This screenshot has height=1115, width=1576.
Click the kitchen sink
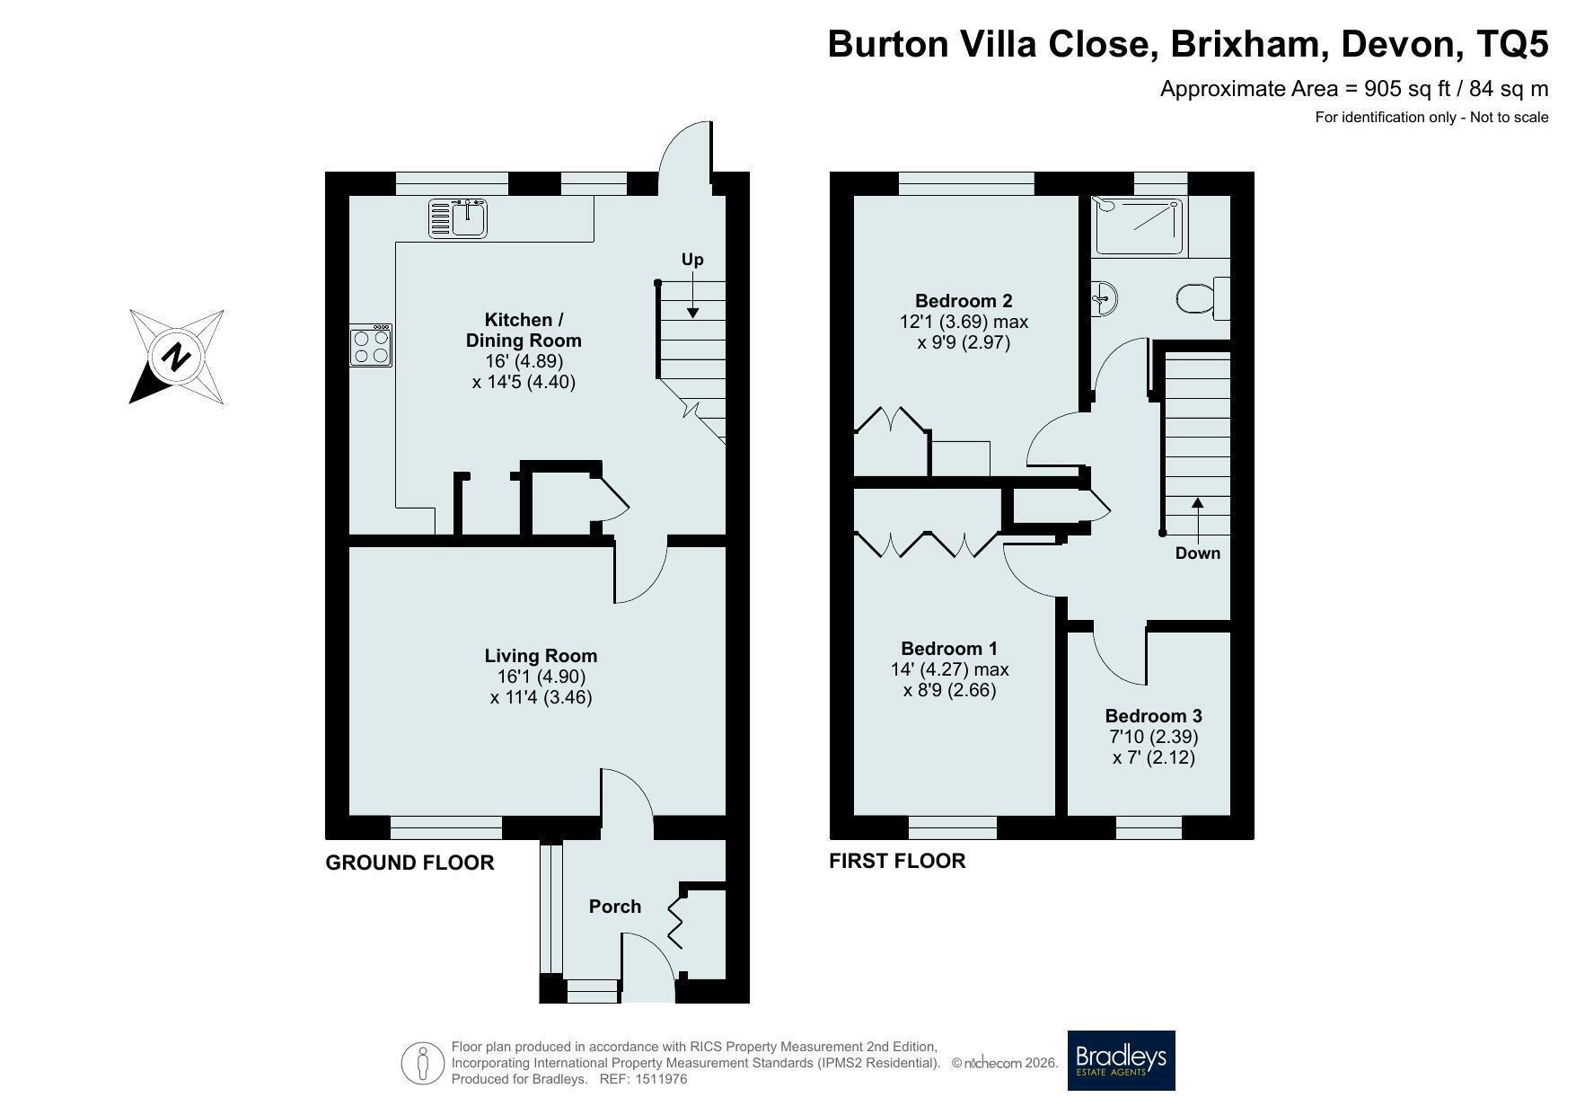(x=458, y=218)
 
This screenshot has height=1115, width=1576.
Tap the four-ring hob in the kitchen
(x=371, y=345)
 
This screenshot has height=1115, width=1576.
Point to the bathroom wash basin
(x=1104, y=297)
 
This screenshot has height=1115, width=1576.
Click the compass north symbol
(x=177, y=357)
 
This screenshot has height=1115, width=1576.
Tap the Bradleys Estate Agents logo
(x=1121, y=1060)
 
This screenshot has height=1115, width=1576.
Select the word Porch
(x=615, y=907)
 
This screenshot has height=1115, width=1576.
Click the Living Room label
(x=541, y=656)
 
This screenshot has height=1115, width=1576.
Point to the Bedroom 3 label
(x=1153, y=716)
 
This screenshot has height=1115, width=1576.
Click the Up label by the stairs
(x=692, y=260)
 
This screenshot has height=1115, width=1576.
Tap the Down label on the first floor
(x=1198, y=553)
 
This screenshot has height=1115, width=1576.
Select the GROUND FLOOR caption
(x=409, y=863)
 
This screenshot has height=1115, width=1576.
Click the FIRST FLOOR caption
(x=897, y=861)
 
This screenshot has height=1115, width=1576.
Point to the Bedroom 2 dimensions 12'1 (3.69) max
(x=964, y=322)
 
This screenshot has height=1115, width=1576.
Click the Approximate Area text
(x=1354, y=89)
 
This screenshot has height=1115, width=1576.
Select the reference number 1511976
(x=661, y=1079)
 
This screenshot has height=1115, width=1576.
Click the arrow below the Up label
(x=692, y=296)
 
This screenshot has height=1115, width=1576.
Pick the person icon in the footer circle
(x=423, y=1064)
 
